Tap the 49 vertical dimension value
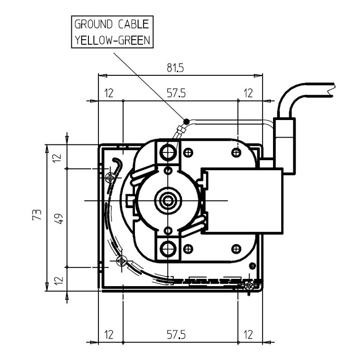tap(58, 218)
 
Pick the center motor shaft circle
tap(168, 200)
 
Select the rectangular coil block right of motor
tap(242, 201)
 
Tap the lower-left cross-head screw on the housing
tap(122, 261)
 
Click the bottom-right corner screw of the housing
tap(249, 285)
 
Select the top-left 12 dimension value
tap(108, 93)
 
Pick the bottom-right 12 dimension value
tap(248, 335)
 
